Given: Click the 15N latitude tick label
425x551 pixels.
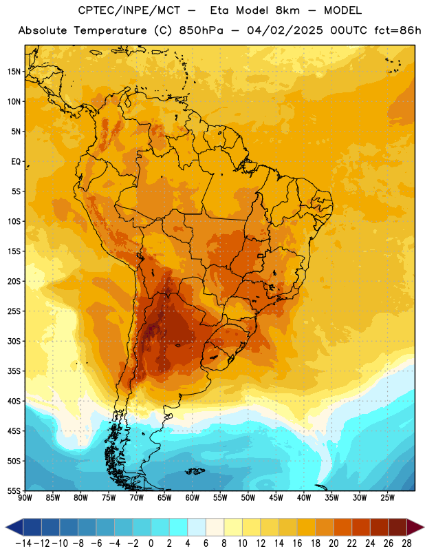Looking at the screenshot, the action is (14, 72).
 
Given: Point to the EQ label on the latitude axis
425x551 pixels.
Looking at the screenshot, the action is (16, 162).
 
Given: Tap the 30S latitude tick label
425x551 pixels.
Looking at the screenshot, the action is (14, 341).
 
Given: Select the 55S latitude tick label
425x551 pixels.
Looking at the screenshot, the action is (14, 491).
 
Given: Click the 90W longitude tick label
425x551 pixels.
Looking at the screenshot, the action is (25, 498).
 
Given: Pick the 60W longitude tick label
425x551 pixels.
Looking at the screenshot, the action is (193, 498).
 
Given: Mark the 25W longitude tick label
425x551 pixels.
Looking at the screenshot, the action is (387, 498).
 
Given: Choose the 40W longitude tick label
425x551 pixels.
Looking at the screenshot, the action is (304, 498).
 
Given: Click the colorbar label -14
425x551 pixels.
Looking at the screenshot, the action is (23, 543).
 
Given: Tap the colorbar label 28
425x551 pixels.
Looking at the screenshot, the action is (406, 543).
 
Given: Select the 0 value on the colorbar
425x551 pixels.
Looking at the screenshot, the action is (151, 543).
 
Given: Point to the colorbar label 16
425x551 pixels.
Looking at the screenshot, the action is (297, 543).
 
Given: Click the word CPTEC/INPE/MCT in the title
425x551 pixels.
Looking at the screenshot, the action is (129, 10).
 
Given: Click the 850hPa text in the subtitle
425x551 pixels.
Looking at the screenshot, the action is (201, 30).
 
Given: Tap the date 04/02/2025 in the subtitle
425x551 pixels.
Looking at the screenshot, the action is (285, 30).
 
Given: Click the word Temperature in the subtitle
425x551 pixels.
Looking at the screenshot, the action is (110, 31).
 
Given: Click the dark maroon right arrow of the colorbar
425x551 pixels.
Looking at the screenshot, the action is (415, 528).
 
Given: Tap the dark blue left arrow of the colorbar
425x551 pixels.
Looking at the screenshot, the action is (14, 528).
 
